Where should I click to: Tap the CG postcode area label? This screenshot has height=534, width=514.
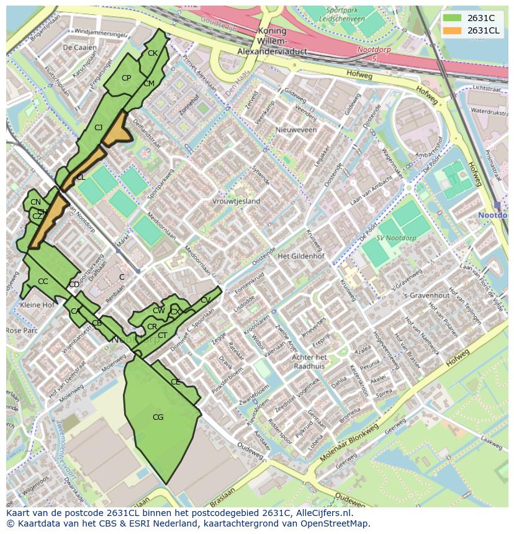point(158,417)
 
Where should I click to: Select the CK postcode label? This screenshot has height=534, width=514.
point(152,53)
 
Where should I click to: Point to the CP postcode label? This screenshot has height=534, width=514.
point(126,78)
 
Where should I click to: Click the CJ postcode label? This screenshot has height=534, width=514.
point(98,127)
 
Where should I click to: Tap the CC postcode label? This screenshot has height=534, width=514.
point(43,282)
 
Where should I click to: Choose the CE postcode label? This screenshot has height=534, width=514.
point(175,382)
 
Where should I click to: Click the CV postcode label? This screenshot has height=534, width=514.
point(205,300)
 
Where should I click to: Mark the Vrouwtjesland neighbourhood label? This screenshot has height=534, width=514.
point(236,202)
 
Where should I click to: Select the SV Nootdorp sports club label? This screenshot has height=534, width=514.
point(396,239)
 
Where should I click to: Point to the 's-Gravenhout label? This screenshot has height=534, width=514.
point(426,296)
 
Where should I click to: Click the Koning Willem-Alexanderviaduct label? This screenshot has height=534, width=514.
point(272,42)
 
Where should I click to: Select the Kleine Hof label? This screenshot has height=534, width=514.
point(37,306)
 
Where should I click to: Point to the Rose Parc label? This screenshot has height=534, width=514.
point(22,331)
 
